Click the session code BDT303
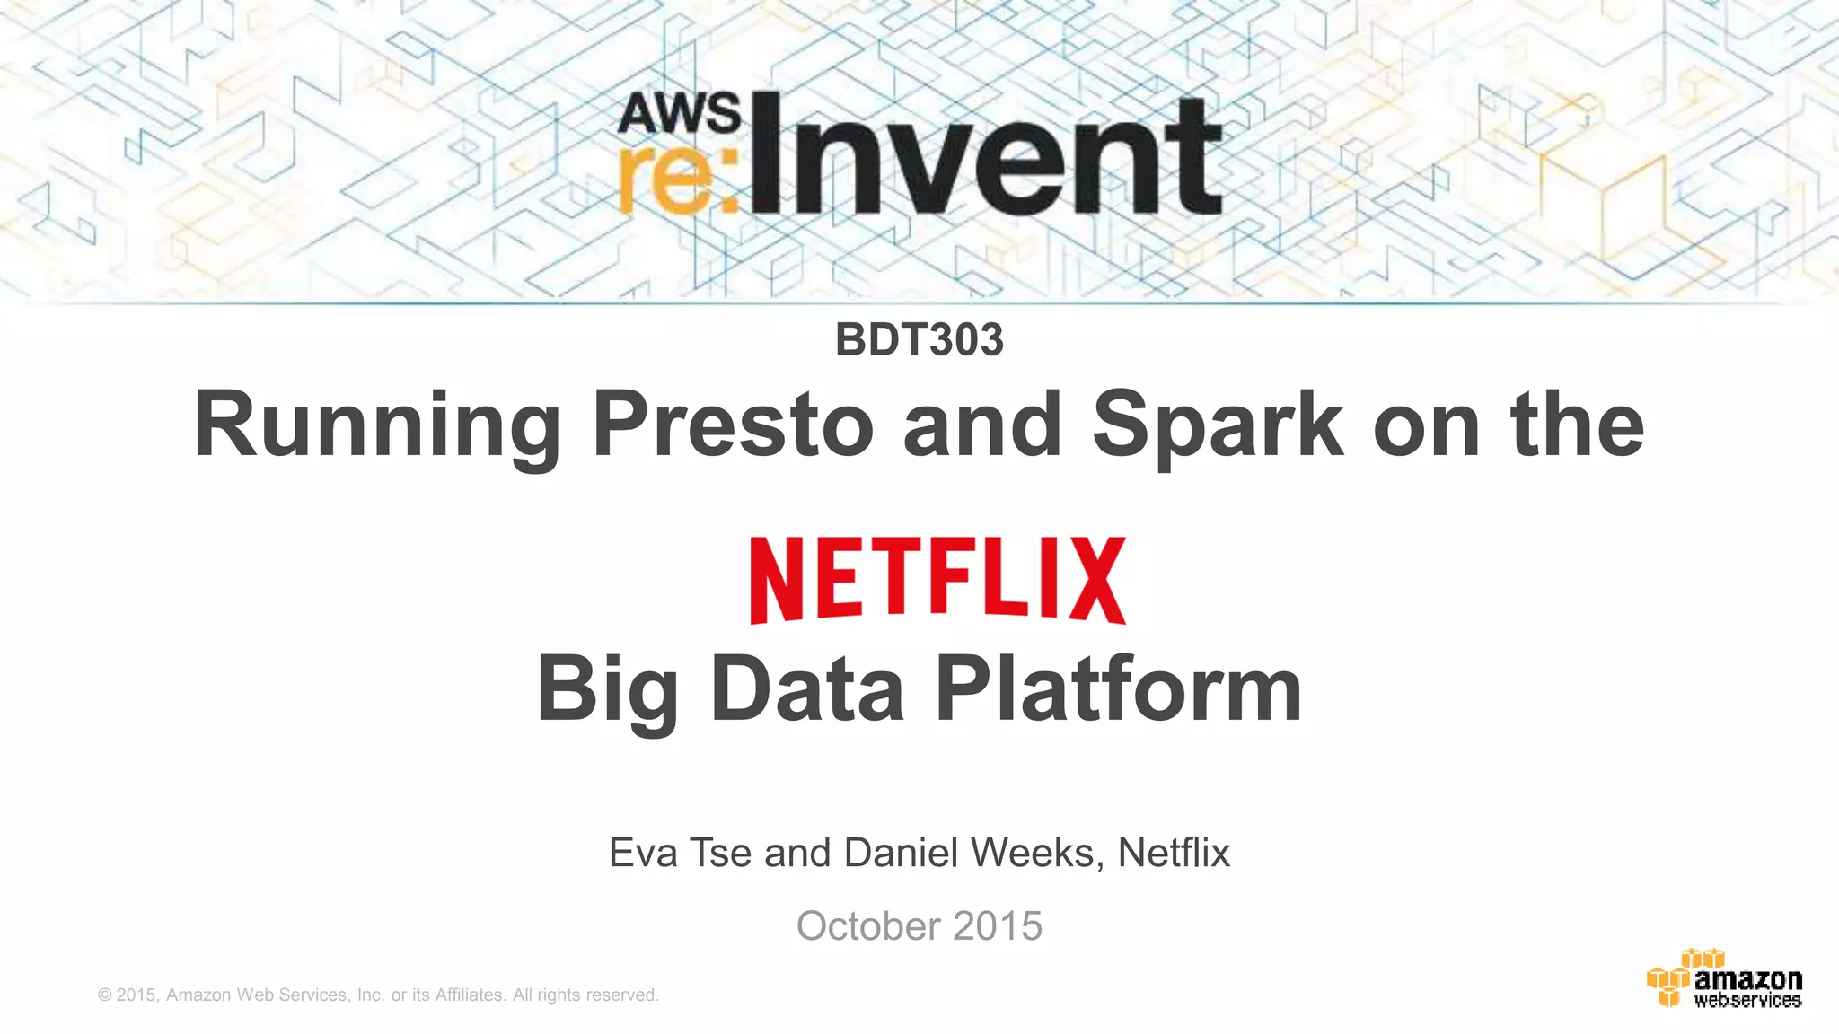pos(919,340)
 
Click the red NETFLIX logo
pos(937,580)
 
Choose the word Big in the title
pos(607,690)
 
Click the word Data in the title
pos(807,690)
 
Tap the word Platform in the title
pos(1118,690)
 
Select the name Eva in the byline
pos(643,853)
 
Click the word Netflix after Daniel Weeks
pos(1174,853)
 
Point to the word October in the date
pos(867,926)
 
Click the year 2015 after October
pos(998,926)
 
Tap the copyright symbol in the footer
pos(105,995)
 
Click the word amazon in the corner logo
pos(1747,978)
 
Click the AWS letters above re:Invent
pos(680,114)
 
